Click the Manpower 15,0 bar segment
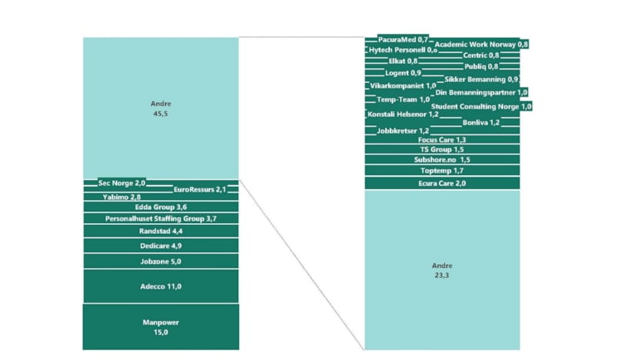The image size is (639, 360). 160,327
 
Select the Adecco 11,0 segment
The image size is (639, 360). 160,286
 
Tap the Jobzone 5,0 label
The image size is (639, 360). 160,261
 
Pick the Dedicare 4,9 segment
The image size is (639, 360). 160,246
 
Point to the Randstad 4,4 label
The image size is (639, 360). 160,231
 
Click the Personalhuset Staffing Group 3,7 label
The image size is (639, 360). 160,218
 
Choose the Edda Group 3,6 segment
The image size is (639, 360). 160,207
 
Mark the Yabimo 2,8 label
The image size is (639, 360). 122,197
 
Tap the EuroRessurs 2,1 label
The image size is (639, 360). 200,190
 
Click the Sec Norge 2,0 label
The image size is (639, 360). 122,182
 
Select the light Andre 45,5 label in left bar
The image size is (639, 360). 160,108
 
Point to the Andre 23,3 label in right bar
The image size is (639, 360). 441,270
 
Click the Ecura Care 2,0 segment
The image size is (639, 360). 441,183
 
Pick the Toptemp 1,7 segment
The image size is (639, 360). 441,170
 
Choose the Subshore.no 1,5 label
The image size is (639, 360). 441,159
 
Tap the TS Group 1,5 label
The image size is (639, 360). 441,149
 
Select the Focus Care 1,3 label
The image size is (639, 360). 441,140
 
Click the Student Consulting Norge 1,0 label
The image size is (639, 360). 481,106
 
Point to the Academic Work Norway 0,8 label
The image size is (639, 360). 481,44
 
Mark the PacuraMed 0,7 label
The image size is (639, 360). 402,39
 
